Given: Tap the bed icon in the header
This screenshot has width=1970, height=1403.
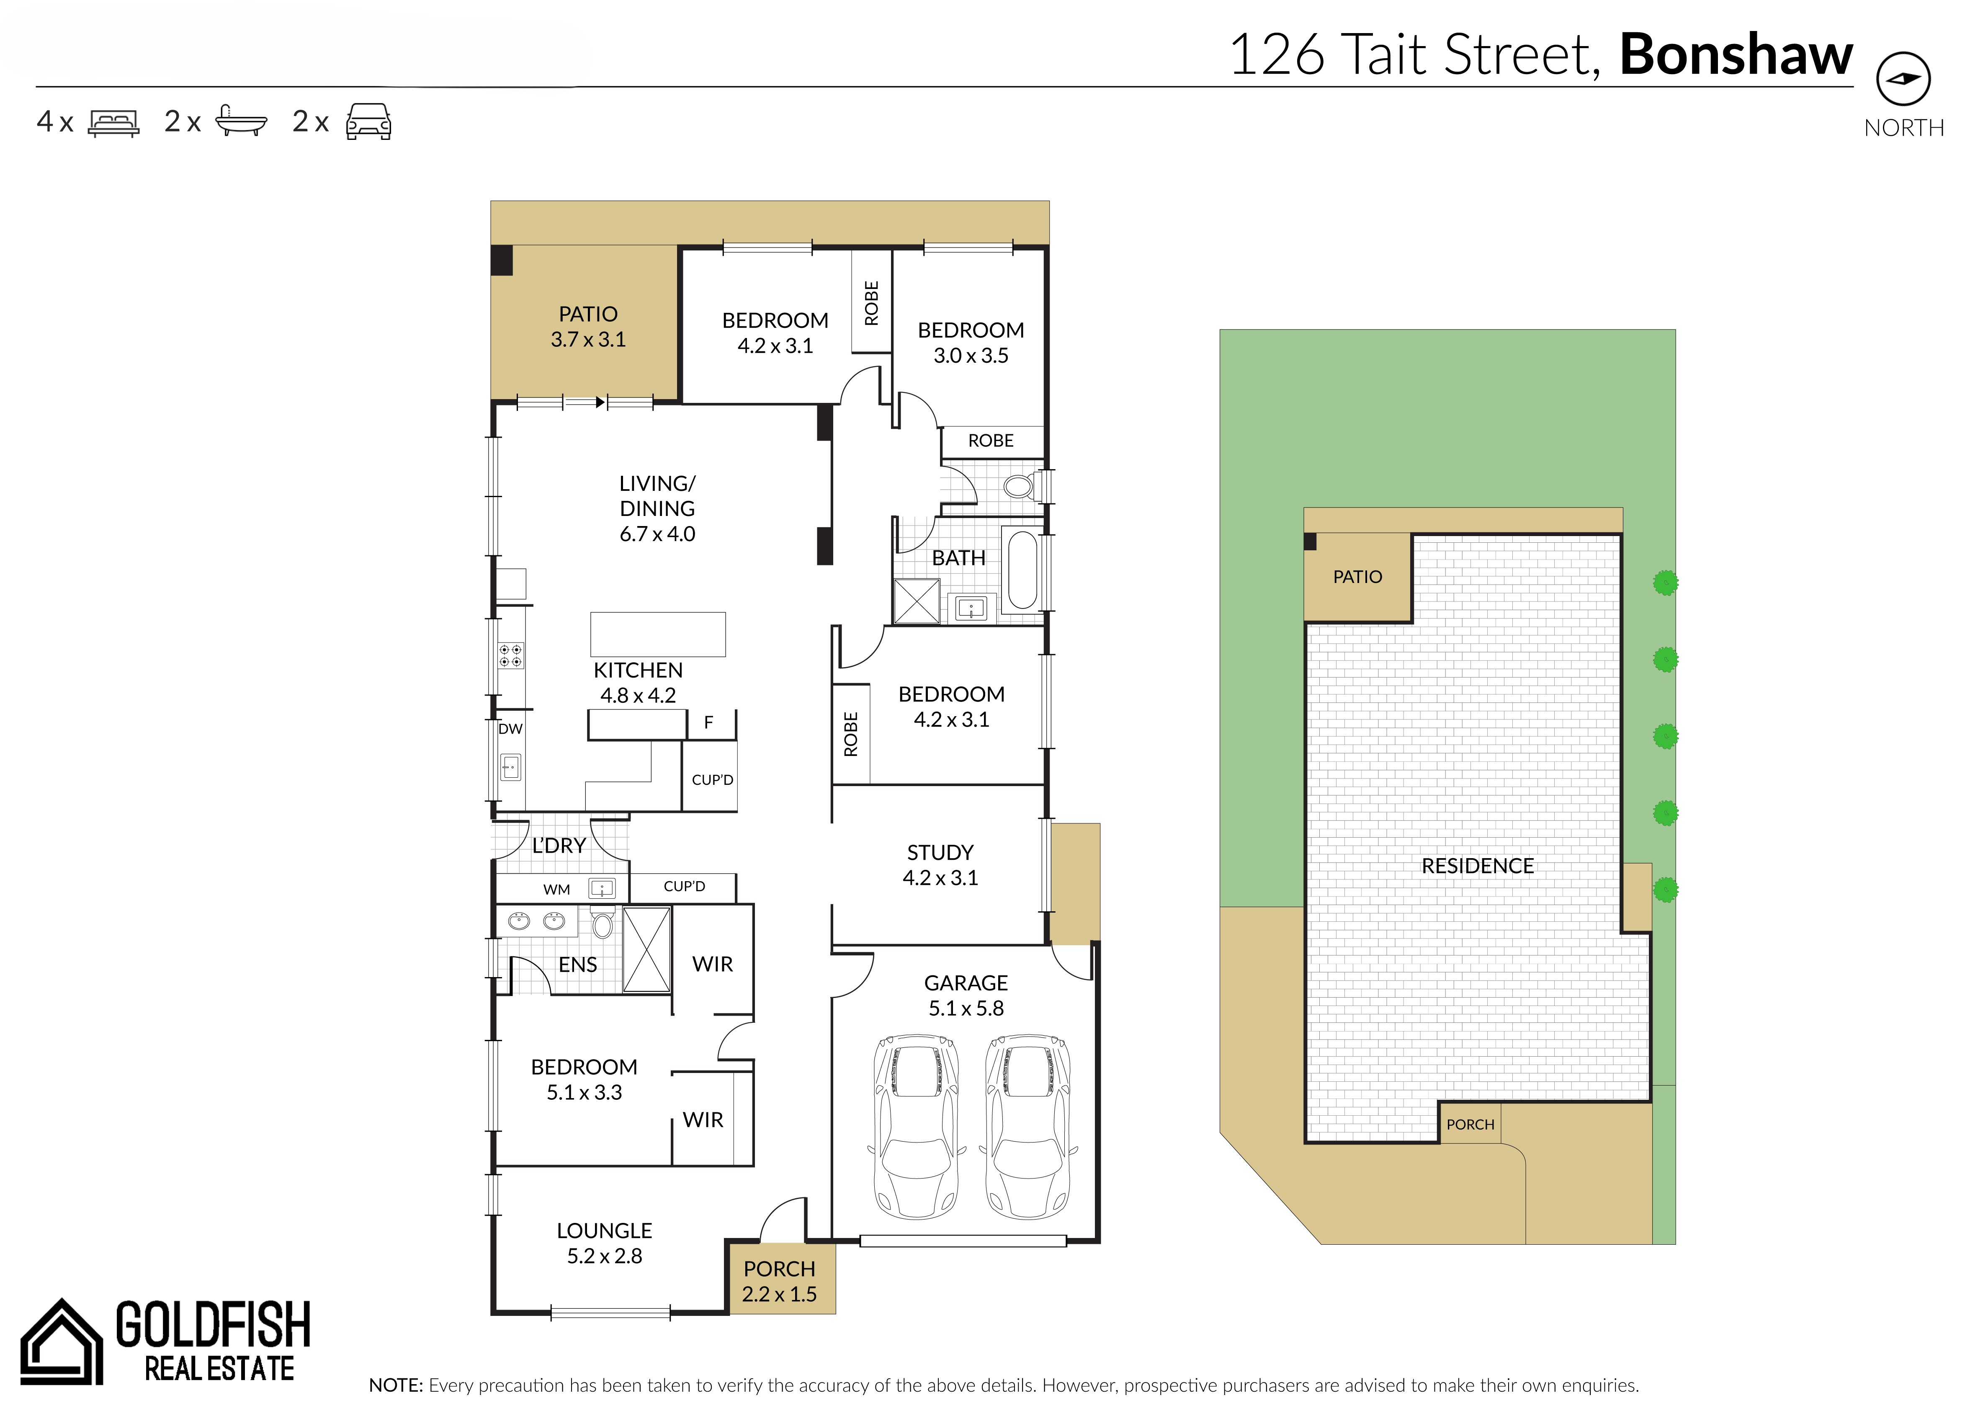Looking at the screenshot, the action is click(x=113, y=123).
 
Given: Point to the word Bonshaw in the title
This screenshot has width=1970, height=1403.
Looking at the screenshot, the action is click(x=1736, y=54).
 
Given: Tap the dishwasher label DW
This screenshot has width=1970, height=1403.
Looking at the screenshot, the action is click(x=510, y=728).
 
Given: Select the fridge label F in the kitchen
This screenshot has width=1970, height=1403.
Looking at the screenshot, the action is click(x=708, y=722).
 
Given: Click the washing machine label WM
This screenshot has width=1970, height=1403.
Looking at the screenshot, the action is click(x=556, y=889).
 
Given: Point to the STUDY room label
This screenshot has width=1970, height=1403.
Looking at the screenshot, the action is click(x=940, y=853).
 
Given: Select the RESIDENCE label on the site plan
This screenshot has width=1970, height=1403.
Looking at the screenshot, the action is click(x=1478, y=866).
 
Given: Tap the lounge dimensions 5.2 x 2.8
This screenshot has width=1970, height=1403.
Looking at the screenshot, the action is click(x=605, y=1256).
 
